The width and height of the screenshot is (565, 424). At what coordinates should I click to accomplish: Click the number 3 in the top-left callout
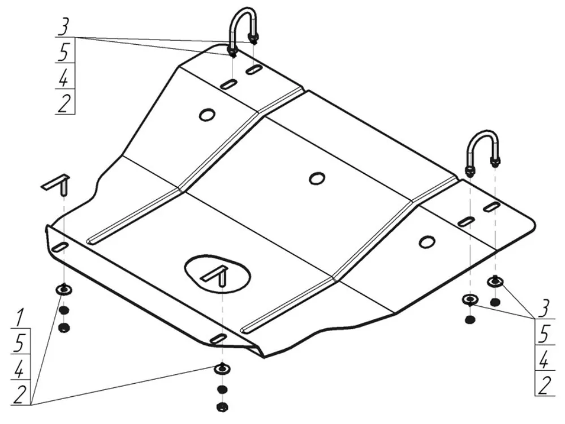(x=64, y=27)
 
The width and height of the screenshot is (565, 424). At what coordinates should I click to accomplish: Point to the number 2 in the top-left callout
(x=64, y=103)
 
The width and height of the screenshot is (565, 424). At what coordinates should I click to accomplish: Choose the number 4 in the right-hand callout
(x=545, y=359)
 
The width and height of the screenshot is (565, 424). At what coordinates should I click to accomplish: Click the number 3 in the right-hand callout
(x=545, y=309)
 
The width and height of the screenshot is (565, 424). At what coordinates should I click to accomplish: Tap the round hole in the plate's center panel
(x=317, y=178)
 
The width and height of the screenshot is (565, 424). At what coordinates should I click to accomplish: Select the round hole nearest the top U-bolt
(x=207, y=114)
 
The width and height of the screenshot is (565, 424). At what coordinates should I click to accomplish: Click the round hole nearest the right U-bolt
(x=427, y=242)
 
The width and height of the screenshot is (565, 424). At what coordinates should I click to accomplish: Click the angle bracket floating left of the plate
(x=57, y=184)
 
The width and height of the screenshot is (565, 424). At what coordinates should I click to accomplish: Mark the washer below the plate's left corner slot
(x=64, y=289)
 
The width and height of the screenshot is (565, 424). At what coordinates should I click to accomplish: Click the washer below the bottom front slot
(x=222, y=369)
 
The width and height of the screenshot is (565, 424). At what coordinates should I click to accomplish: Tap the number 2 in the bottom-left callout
(x=20, y=394)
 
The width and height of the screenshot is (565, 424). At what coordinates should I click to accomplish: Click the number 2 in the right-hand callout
(x=545, y=385)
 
